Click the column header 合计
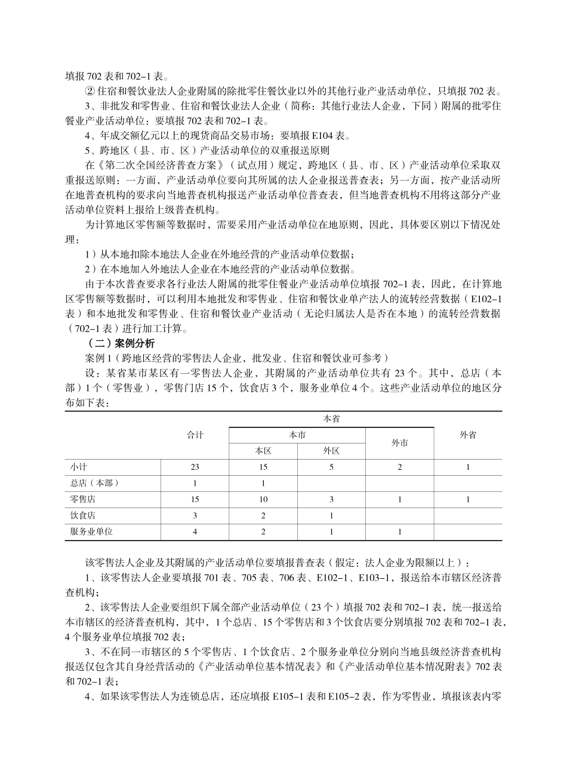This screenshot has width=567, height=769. coord(195,435)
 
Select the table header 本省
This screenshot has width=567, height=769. coord(331,420)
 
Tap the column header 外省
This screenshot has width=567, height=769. coord(467,435)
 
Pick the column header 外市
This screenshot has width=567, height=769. coord(399,443)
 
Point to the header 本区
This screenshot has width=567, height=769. coord(263,451)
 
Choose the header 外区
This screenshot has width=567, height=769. coord(331,451)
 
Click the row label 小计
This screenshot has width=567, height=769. coord(78,467)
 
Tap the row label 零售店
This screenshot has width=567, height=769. coord(82,499)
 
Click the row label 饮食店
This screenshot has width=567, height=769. coord(82,515)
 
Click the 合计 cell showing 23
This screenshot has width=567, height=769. coord(195,467)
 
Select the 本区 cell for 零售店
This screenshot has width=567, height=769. coord(263,499)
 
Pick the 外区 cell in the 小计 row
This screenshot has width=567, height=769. coord(331,467)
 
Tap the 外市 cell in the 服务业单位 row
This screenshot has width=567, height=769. coord(399,531)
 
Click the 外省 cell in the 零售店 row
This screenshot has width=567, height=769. coord(467,499)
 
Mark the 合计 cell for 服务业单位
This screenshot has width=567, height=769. coord(195,531)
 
